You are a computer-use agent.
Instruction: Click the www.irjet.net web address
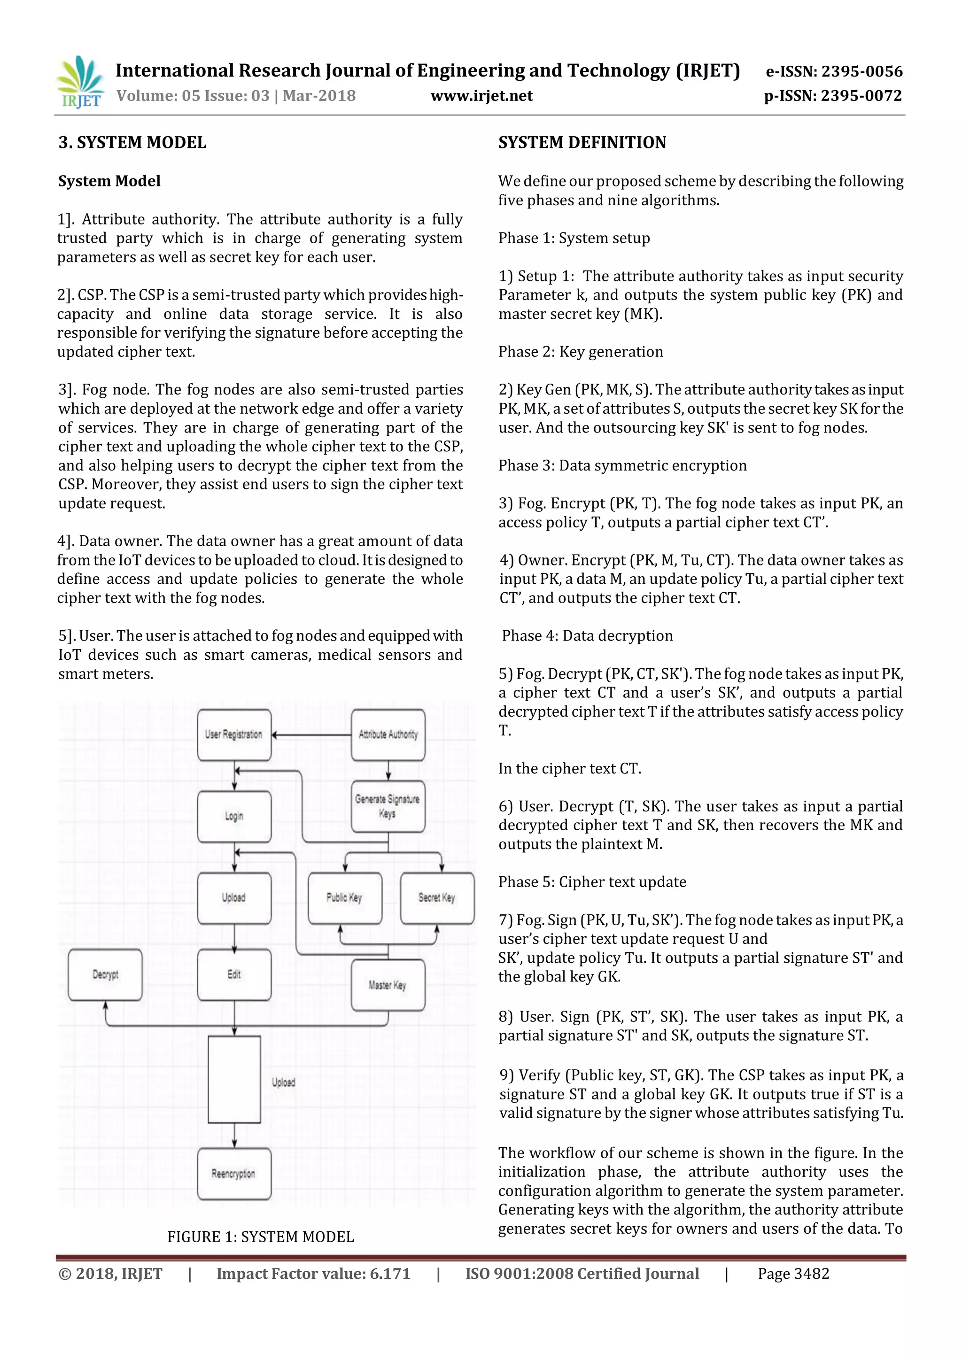point(481,96)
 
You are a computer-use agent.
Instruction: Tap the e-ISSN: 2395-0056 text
point(833,72)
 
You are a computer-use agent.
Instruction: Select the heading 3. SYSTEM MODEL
point(132,142)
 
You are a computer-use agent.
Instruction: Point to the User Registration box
point(234,734)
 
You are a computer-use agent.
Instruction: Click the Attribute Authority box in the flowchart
point(388,734)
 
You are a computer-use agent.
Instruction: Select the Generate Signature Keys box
point(388,806)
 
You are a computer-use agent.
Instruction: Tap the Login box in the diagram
point(234,816)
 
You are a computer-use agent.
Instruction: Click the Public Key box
point(345,897)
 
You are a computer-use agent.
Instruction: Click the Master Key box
point(388,985)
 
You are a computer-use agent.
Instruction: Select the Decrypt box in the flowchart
point(105,974)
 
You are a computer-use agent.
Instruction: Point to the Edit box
point(234,974)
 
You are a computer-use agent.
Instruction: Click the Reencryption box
point(234,1174)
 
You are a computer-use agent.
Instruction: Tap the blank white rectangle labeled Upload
point(234,1079)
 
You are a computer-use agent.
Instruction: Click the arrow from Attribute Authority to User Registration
point(311,735)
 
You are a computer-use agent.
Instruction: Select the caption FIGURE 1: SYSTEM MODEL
point(260,1237)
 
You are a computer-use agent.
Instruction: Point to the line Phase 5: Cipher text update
point(592,882)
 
